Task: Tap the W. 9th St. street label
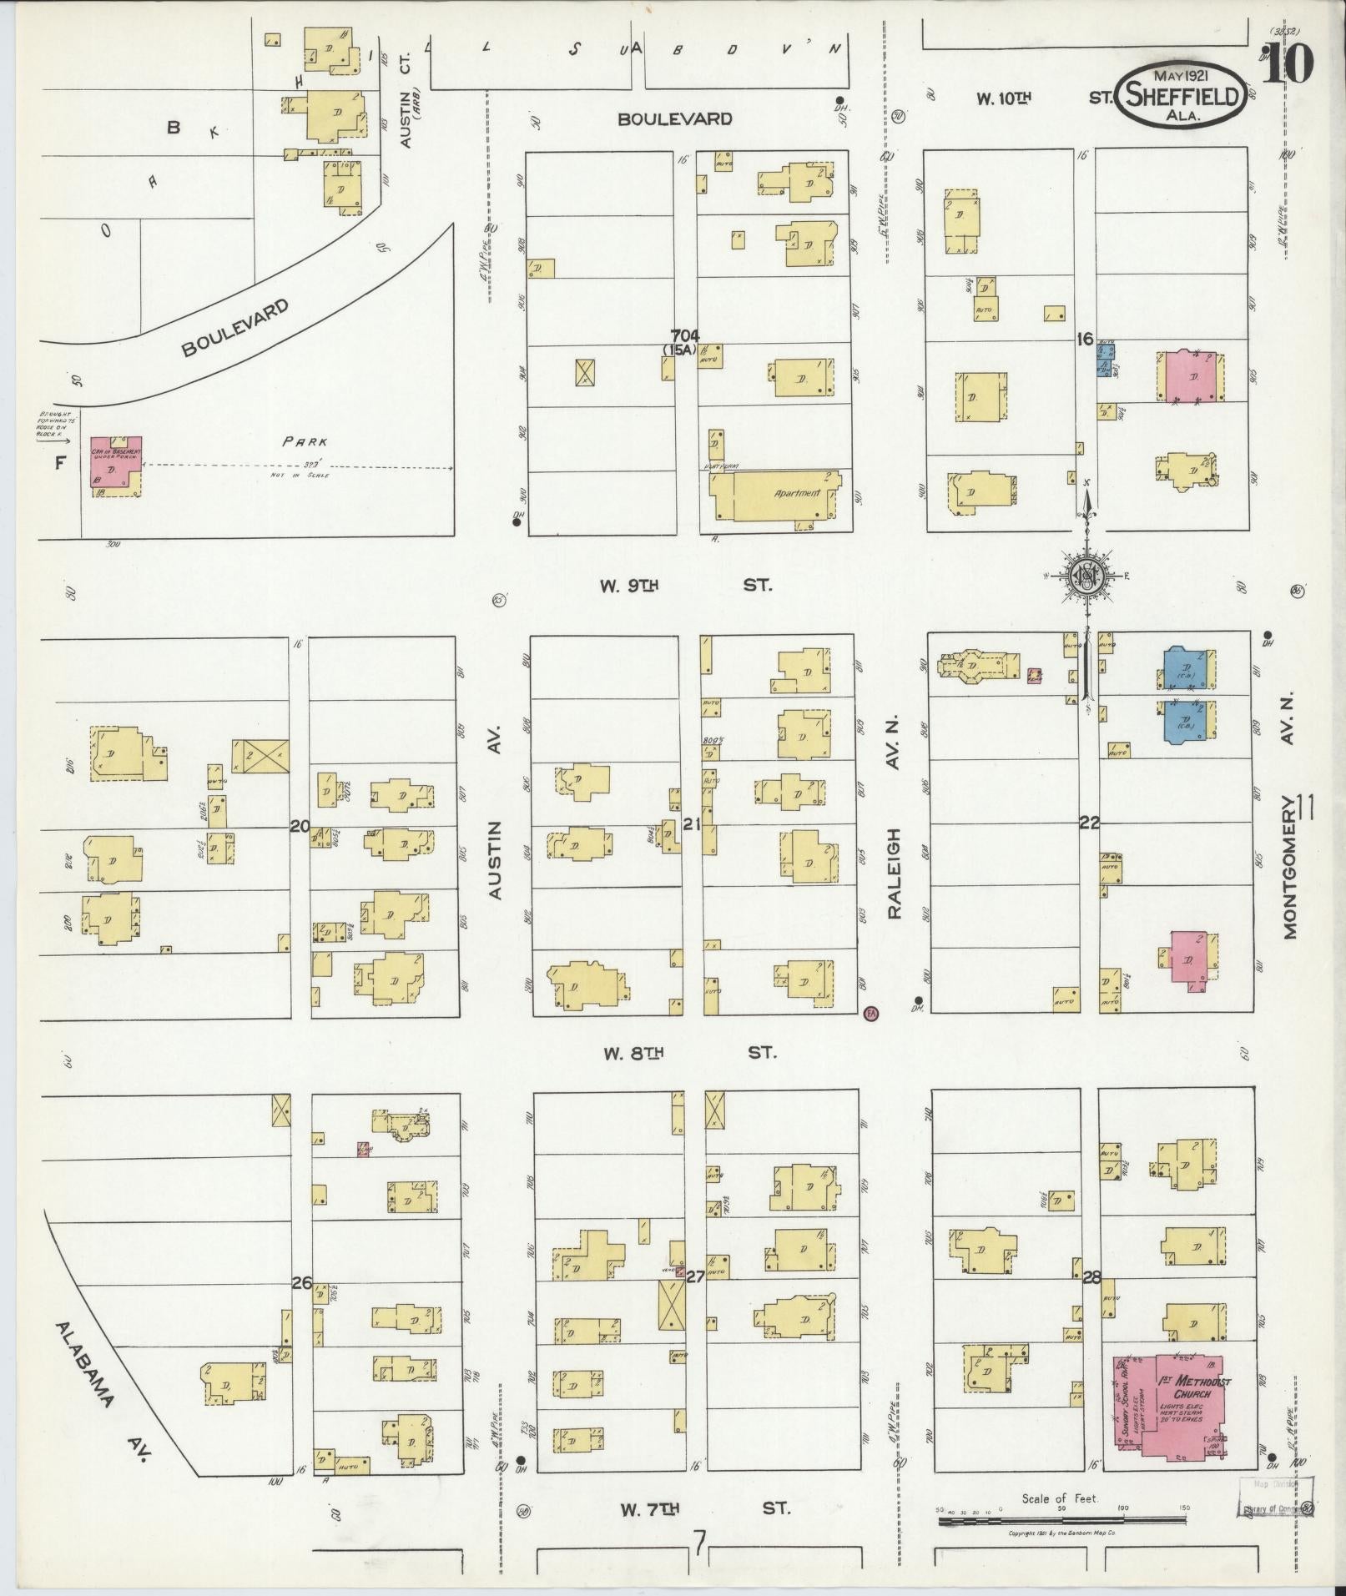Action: [686, 586]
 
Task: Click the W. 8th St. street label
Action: [689, 1053]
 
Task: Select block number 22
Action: [1088, 823]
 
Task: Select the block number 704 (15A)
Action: [680, 342]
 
